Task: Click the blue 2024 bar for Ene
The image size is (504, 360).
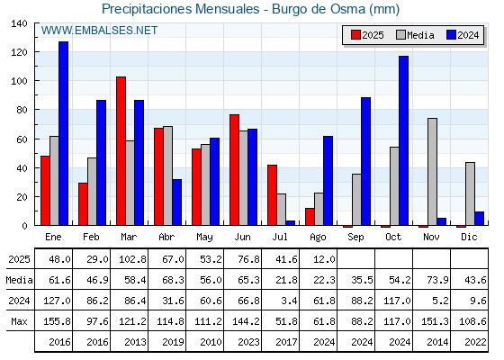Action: tap(63, 133)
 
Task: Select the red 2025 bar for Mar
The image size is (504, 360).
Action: tap(121, 151)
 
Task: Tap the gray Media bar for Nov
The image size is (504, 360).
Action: tap(432, 172)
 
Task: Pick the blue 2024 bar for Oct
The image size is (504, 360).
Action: tap(404, 140)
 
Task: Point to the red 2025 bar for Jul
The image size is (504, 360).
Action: tap(272, 195)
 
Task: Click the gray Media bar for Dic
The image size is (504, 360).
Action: tap(470, 193)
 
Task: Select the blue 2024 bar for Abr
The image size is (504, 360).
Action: tap(176, 202)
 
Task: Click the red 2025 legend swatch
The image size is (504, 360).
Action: tap(355, 35)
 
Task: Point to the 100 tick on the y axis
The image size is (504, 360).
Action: tap(35, 81)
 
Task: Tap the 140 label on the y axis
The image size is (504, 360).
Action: tap(19, 23)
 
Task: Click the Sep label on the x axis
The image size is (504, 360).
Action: tap(355, 238)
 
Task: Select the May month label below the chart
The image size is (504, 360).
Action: tap(205, 238)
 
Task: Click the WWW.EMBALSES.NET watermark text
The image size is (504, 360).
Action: tap(99, 31)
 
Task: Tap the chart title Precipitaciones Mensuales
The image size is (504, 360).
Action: tap(181, 9)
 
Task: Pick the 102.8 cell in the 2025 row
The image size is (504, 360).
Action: tap(132, 259)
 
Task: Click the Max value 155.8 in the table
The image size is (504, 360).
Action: tap(57, 321)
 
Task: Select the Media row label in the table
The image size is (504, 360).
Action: tap(19, 280)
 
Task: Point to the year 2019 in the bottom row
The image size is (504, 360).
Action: tap(173, 342)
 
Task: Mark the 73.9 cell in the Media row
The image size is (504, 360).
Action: tap(437, 280)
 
